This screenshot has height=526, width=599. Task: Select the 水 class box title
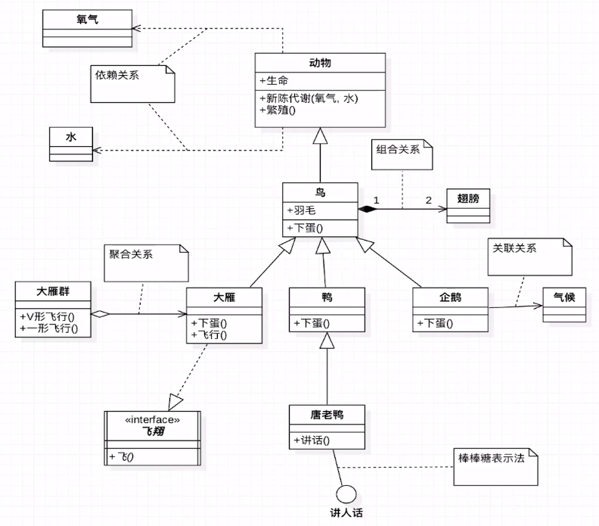point(71,137)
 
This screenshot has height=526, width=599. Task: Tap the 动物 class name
point(320,62)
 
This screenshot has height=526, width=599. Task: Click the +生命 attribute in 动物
point(275,81)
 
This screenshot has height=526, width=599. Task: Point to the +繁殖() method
point(278,110)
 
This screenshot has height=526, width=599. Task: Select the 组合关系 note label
point(398,149)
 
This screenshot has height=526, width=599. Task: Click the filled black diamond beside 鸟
point(368,208)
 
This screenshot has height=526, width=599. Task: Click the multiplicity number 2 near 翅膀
point(429,201)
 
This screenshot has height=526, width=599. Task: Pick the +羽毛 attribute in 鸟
point(300,210)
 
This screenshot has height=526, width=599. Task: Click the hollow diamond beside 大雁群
point(100,313)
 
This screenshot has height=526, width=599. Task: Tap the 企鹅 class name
point(450,298)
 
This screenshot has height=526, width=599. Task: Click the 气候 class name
point(563,297)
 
